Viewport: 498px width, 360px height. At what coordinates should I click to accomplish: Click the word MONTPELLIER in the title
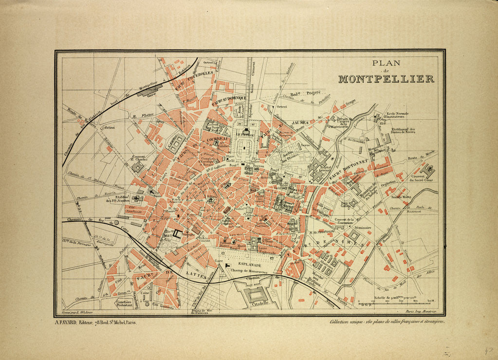tap(386, 79)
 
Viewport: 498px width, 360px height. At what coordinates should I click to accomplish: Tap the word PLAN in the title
tap(386, 63)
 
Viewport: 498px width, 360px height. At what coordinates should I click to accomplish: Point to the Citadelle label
tap(257, 305)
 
